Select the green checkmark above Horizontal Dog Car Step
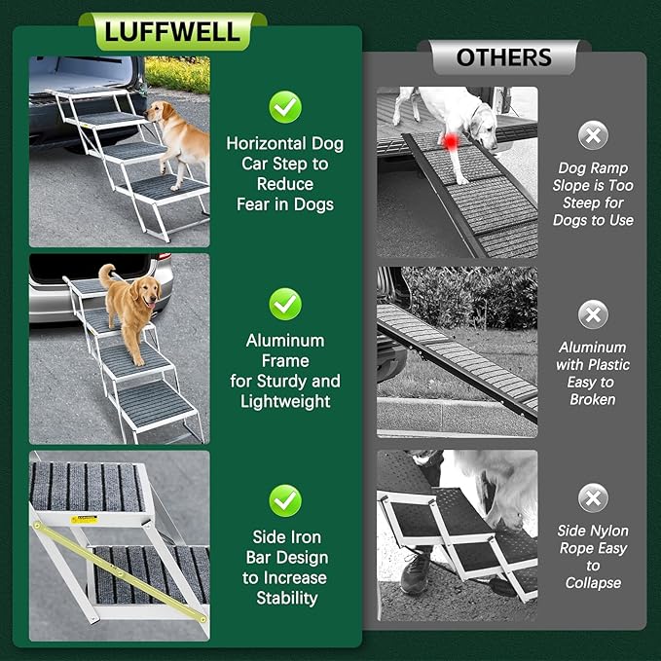click(x=284, y=106)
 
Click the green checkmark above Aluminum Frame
click(x=284, y=304)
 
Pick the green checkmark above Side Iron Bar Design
click(x=284, y=500)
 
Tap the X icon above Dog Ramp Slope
click(x=593, y=134)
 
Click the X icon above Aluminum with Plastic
click(x=593, y=314)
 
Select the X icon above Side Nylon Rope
click(x=593, y=497)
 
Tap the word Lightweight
click(x=284, y=401)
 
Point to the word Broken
click(x=593, y=399)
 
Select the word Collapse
click(x=593, y=583)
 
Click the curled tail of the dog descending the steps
click(x=105, y=275)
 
